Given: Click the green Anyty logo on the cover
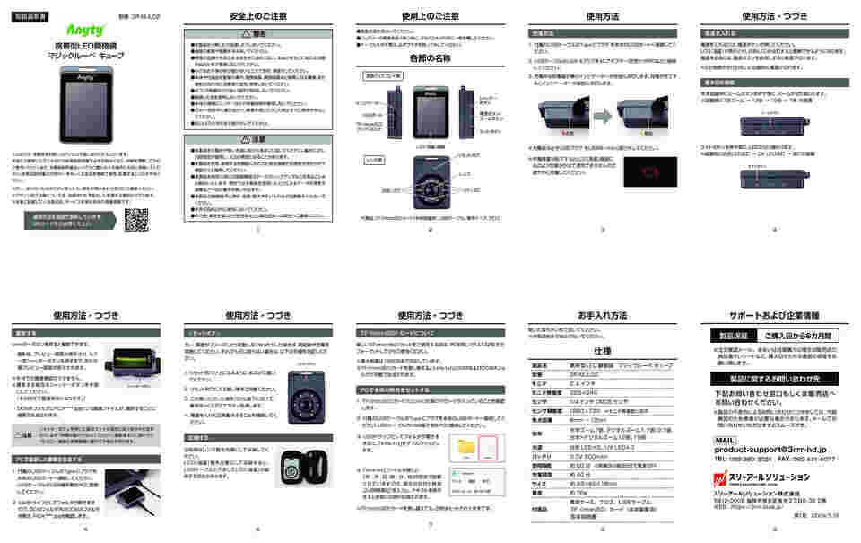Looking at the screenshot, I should click(x=86, y=31).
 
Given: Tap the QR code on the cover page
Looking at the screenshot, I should click(x=136, y=221).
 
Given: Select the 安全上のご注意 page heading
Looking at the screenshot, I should click(x=258, y=16).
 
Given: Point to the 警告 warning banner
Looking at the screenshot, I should click(x=258, y=35).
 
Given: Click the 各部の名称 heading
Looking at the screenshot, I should click(x=430, y=58).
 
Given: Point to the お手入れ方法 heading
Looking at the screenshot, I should click(x=602, y=316).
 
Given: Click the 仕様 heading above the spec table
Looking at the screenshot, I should click(x=602, y=351).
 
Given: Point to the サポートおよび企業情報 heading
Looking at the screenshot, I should click(x=774, y=316).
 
